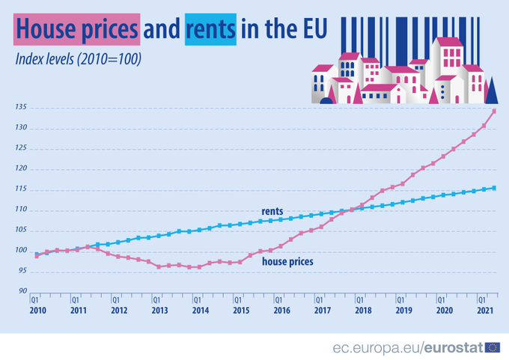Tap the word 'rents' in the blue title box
tap(212, 29)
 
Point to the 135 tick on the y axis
tap(20, 108)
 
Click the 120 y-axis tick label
tap(20, 169)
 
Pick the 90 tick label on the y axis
tap(22, 292)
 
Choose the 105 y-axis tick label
tap(20, 231)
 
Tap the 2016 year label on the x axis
tap(281, 309)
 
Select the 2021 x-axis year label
tap(485, 309)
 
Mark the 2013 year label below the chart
tap(159, 309)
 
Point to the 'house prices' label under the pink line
tap(287, 262)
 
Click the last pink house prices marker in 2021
tap(494, 112)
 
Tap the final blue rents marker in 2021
tap(494, 188)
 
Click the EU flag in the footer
tap(493, 347)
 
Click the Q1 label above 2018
tap(360, 299)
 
